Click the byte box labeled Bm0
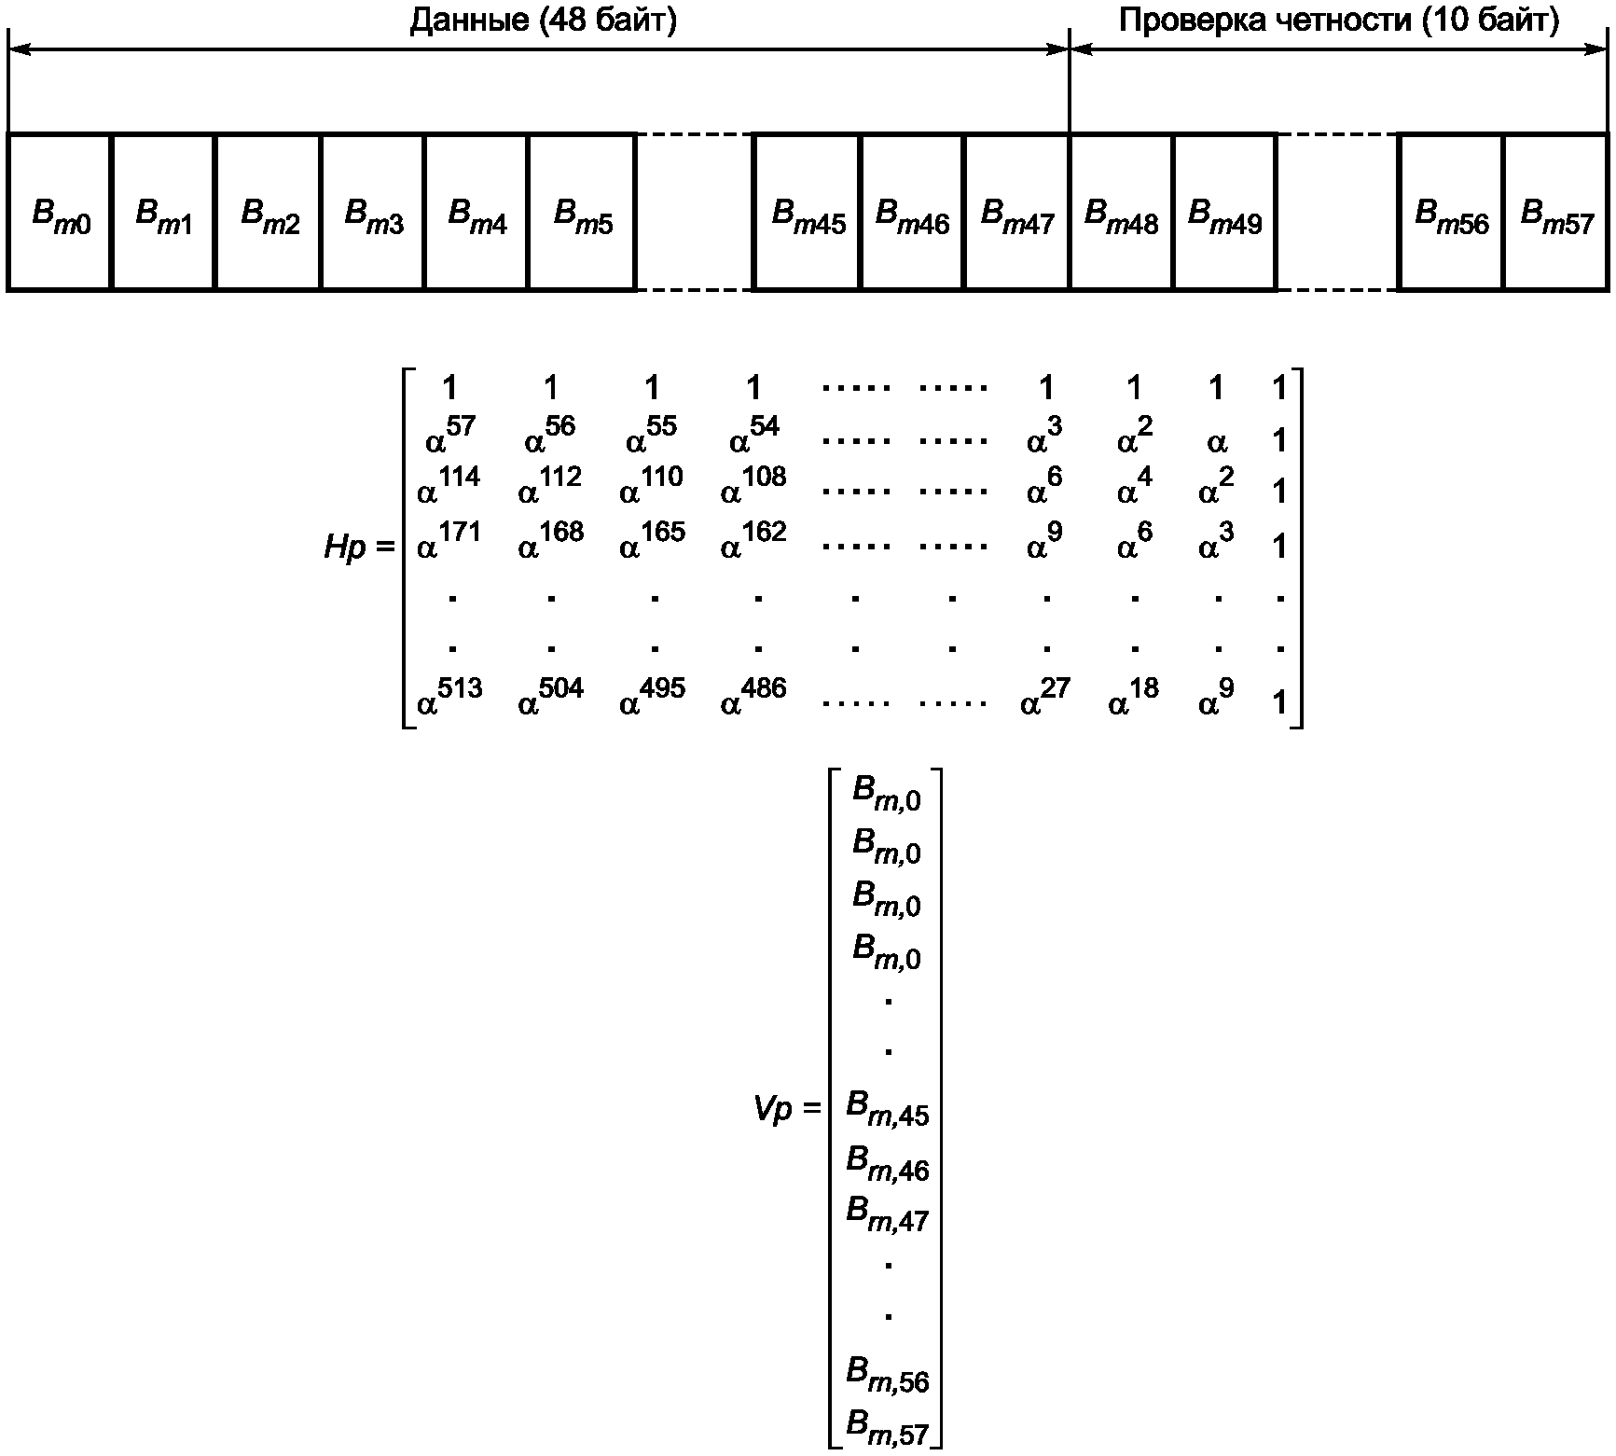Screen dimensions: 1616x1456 [x=60, y=213]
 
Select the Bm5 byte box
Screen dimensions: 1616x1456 [x=582, y=213]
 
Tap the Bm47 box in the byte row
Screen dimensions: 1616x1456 [x=1016, y=213]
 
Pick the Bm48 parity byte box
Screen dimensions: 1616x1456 [x=1121, y=213]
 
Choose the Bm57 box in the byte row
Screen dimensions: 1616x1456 [x=1556, y=213]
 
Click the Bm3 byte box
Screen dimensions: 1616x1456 [x=373, y=213]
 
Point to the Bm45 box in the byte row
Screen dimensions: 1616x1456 [x=808, y=213]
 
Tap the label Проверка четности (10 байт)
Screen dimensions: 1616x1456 [x=1338, y=20]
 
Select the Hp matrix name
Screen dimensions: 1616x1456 [x=346, y=548]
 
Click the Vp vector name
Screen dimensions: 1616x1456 [x=776, y=1109]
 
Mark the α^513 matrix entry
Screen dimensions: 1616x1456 [x=449, y=698]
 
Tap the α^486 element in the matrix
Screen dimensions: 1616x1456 [x=753, y=698]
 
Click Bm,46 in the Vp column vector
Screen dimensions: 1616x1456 [x=887, y=1163]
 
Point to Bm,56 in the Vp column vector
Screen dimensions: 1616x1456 [x=887, y=1377]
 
